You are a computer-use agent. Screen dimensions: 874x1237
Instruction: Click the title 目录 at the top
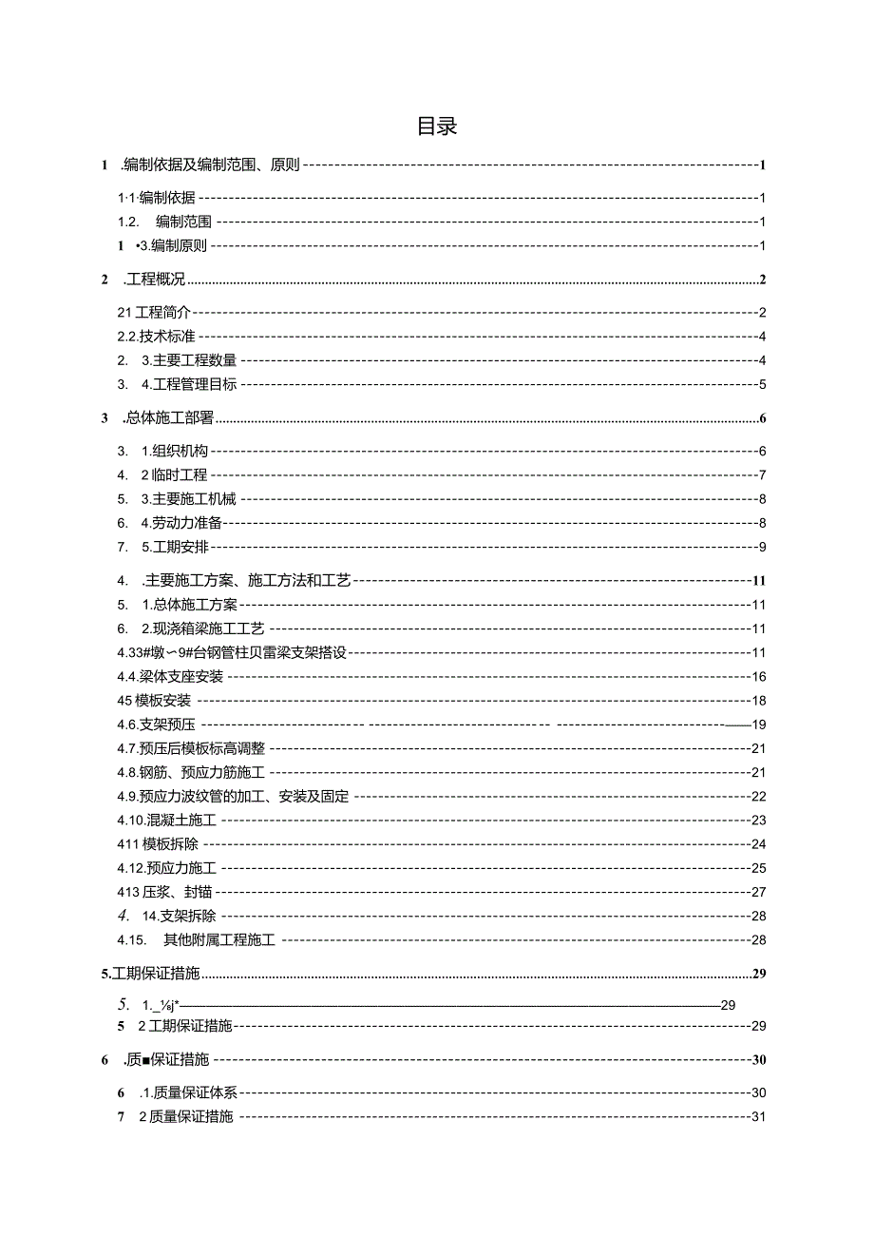click(x=437, y=126)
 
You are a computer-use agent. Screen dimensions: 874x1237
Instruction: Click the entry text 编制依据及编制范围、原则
click(x=211, y=164)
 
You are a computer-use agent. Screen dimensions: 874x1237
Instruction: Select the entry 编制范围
click(x=183, y=222)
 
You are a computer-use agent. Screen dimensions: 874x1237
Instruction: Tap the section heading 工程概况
click(x=157, y=280)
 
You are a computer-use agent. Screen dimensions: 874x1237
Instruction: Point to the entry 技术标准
click(x=168, y=336)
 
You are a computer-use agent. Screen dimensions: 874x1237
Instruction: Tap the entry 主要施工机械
click(x=194, y=498)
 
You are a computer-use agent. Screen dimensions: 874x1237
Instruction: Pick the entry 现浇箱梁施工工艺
click(x=208, y=628)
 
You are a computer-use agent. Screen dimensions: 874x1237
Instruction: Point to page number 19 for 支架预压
click(x=758, y=725)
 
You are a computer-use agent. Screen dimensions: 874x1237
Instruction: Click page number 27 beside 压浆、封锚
click(x=758, y=892)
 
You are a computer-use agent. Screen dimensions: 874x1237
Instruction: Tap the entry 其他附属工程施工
click(x=226, y=939)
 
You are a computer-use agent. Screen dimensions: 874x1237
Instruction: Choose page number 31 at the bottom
click(x=758, y=1116)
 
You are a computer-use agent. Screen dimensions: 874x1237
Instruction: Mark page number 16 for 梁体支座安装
click(x=758, y=676)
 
